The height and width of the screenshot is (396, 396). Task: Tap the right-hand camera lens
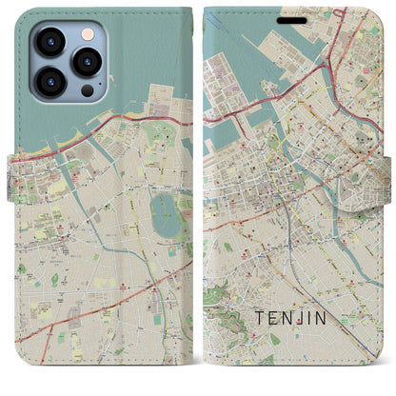(88, 62)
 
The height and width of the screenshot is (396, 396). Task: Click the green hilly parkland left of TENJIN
(228, 324)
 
